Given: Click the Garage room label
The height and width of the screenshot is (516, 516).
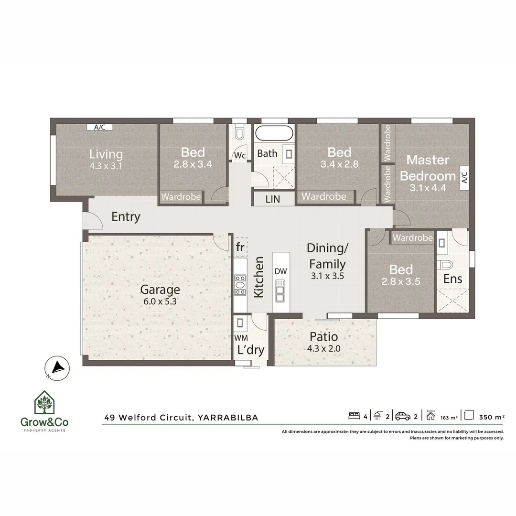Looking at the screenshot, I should tap(160, 290).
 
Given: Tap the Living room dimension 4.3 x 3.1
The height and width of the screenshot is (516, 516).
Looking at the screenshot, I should tap(106, 166).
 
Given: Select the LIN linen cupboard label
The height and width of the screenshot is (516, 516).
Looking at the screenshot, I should tap(273, 199).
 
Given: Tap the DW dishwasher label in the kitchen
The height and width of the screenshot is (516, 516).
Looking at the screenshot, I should tap(281, 271).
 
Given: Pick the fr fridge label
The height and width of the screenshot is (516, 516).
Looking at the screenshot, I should tap(240, 247).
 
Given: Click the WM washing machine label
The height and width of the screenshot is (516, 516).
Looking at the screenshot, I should tap(240, 337).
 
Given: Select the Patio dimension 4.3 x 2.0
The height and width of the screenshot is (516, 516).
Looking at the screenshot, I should tap(324, 348).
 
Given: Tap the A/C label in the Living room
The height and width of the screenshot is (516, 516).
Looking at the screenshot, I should tap(100, 127).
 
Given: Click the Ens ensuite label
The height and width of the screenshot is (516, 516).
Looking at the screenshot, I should tap(452, 279).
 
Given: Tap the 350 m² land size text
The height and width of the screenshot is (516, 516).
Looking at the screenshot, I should tap(491, 417).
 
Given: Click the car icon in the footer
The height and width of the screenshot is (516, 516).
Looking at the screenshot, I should tap(403, 416).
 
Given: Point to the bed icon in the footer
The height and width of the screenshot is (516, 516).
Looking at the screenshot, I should tap(354, 416).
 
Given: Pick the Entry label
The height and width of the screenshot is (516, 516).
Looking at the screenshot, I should tap(126, 217).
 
